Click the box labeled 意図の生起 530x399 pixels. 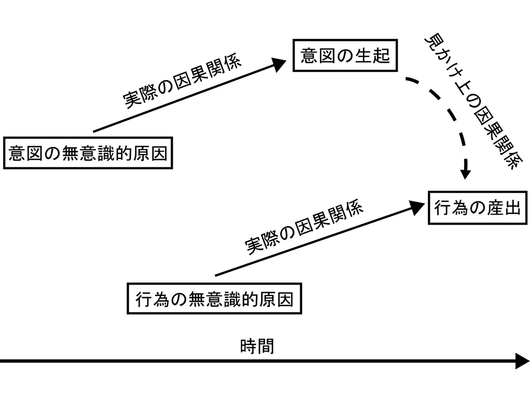tap(345, 56)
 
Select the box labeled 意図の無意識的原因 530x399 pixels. tap(88, 153)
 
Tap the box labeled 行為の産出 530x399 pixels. tap(477, 208)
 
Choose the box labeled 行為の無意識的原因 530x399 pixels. tap(214, 299)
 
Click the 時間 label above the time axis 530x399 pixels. tap(257, 346)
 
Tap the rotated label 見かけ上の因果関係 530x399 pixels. tap(474, 102)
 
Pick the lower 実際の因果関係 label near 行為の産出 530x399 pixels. tap(304, 228)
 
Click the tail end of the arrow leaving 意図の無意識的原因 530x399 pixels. tap(94, 132)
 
